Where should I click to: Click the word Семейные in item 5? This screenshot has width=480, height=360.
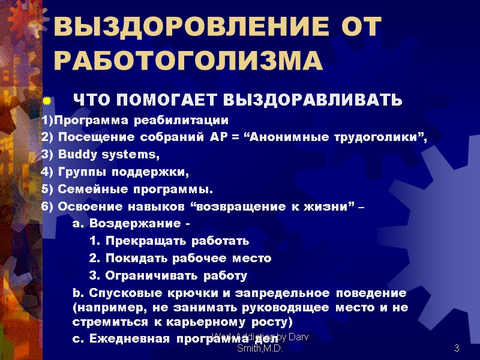coord(84,191)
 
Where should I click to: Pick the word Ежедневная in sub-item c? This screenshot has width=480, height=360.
coord(122,338)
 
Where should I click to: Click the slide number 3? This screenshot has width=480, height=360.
coord(457,348)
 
